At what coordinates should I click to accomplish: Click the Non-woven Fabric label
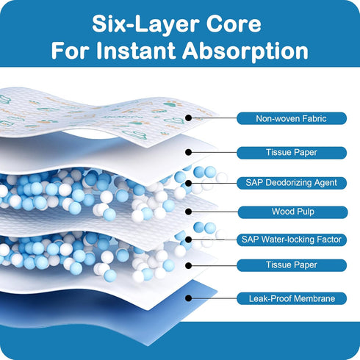click(292, 118)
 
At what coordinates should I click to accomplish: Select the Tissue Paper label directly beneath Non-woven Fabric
click(292, 153)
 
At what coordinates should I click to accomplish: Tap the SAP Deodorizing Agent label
click(292, 183)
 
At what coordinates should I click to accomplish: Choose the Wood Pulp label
click(292, 212)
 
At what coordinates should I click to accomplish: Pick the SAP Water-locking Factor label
click(292, 240)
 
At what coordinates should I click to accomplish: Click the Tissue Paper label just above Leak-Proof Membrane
click(292, 265)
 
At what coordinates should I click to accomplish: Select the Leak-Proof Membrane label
click(292, 298)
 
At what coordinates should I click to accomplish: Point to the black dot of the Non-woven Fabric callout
click(188, 118)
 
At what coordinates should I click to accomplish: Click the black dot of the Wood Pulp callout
click(188, 212)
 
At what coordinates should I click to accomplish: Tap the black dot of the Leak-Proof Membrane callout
click(188, 298)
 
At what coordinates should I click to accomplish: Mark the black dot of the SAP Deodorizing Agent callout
click(188, 183)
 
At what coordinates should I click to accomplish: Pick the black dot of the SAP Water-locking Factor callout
click(188, 240)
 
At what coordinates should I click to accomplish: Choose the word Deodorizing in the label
click(286, 183)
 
